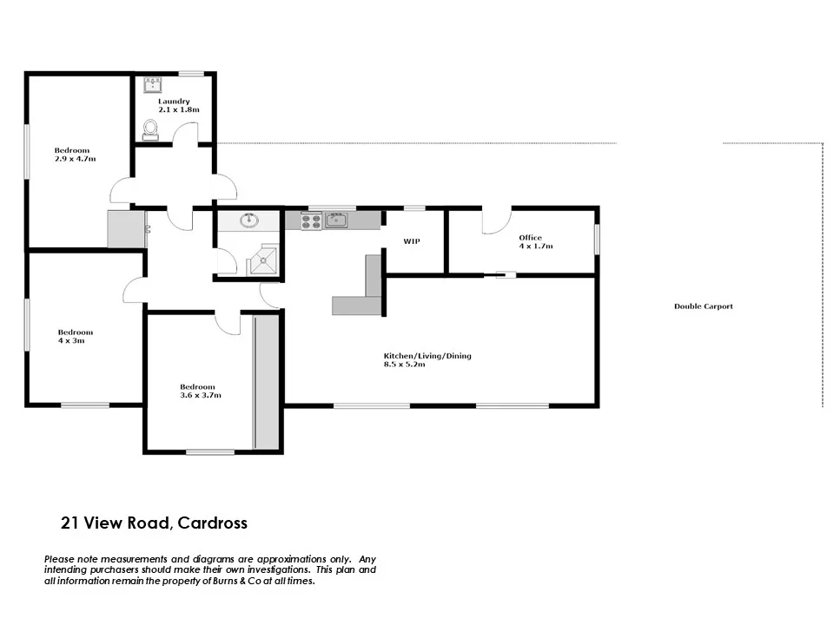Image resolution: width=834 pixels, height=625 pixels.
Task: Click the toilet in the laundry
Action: click(x=151, y=130)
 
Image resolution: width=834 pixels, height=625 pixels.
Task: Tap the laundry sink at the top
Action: click(x=155, y=84)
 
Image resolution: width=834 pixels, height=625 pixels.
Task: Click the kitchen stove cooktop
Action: click(x=311, y=221)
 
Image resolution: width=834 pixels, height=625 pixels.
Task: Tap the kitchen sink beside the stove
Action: click(x=336, y=220)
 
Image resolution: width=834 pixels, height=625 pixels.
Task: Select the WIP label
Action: click(x=412, y=241)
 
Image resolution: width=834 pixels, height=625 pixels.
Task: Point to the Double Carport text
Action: click(x=703, y=306)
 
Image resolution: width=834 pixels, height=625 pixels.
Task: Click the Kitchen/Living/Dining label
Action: click(x=427, y=360)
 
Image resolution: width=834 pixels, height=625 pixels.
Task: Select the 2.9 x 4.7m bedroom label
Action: click(x=74, y=155)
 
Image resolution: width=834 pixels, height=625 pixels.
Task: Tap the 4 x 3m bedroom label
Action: click(x=75, y=337)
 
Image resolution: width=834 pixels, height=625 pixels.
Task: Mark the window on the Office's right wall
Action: click(x=596, y=240)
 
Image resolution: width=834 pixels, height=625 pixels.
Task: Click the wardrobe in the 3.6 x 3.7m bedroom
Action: click(x=267, y=382)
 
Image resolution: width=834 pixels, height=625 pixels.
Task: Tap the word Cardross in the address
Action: click(x=215, y=523)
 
